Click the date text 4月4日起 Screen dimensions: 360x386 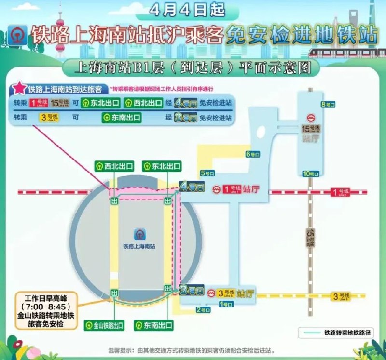tap(193, 9)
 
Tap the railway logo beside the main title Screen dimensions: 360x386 tap(18, 35)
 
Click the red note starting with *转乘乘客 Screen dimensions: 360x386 tap(162, 89)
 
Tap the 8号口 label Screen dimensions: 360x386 tap(328, 104)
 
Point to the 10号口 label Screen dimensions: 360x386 tap(309, 173)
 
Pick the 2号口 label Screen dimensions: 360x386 tap(204, 310)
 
